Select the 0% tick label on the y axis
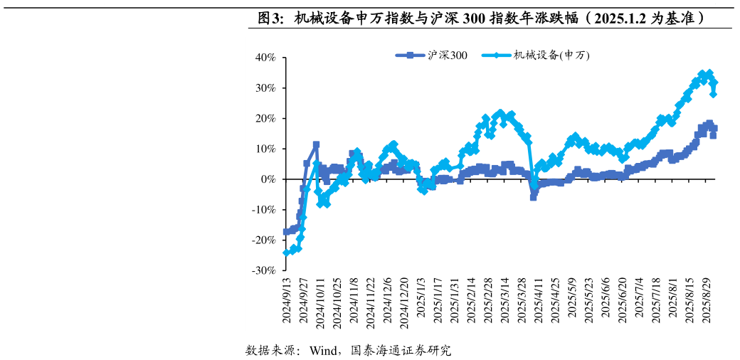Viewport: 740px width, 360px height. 269,179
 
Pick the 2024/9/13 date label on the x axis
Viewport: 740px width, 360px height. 287,301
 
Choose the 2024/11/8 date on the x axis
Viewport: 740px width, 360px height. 354,301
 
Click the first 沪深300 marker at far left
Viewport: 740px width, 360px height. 286,231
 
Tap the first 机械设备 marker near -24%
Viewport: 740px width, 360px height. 286,253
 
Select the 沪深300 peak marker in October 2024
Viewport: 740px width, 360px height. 316,144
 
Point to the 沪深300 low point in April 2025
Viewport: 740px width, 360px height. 533,197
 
